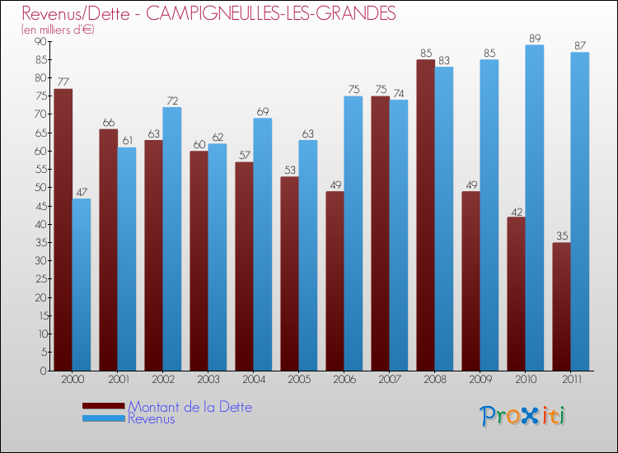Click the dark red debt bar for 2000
(63, 230)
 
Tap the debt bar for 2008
(425, 215)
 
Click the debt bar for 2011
(561, 306)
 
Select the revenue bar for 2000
(81, 284)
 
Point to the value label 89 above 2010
(534, 38)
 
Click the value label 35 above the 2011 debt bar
(561, 236)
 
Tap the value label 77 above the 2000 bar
(63, 82)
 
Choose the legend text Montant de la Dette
(190, 407)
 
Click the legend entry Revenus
(152, 418)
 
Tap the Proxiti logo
(522, 416)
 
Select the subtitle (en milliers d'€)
(58, 30)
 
